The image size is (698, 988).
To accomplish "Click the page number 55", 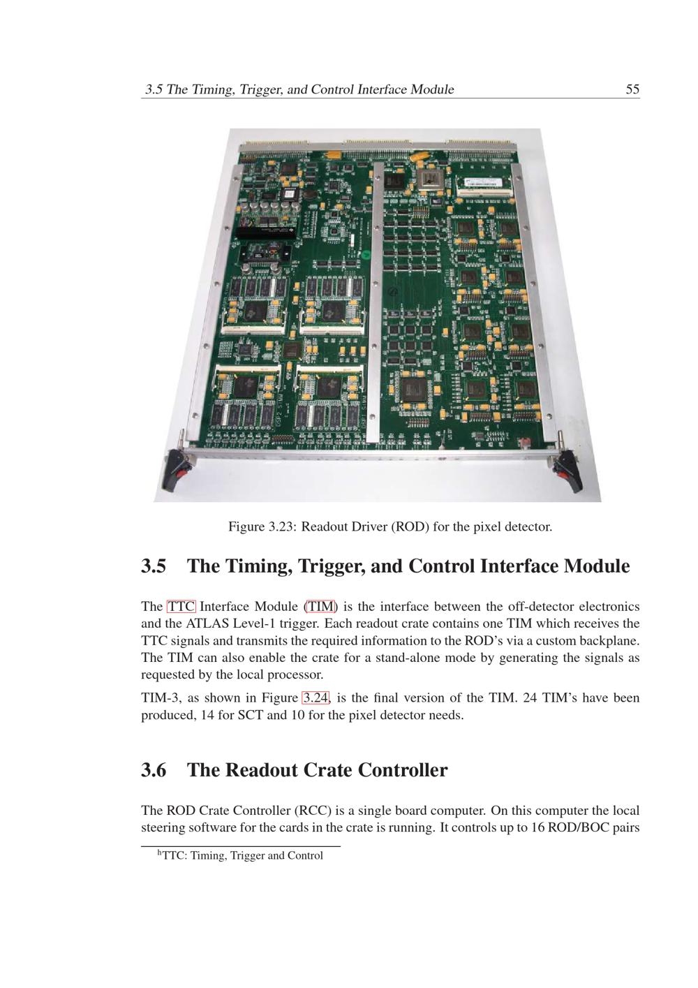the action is point(632,89).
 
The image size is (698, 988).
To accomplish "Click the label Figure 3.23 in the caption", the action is point(261,526).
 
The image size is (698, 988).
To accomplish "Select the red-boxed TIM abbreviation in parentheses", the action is point(320,607).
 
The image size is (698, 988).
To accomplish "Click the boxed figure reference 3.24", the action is point(315,698).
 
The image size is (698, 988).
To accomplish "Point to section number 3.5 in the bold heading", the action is point(154,566).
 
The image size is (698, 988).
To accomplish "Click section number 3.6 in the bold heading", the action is point(154,770).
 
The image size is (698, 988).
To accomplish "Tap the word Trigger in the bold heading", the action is point(331,567).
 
